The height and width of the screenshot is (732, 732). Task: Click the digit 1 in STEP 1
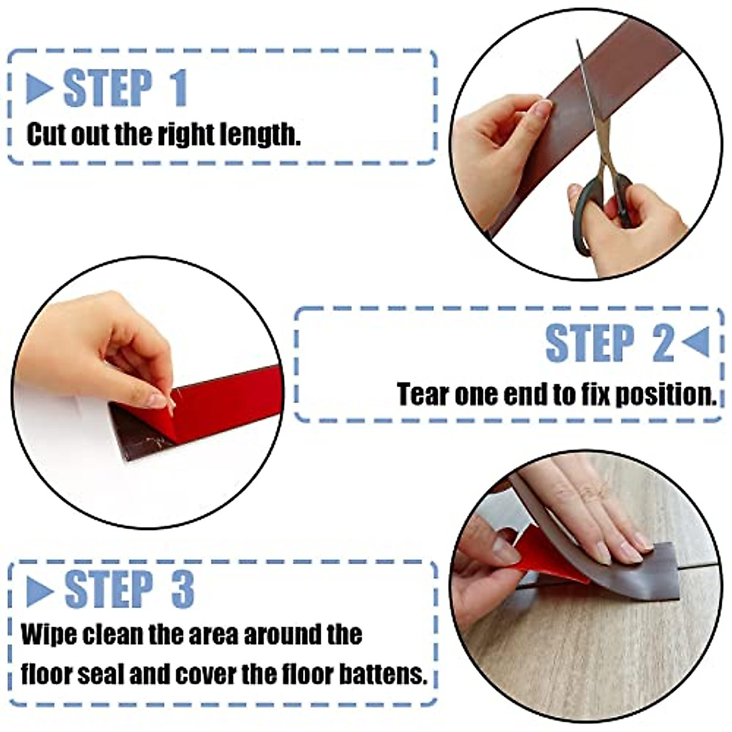coord(178,89)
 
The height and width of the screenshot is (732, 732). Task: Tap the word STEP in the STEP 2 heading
coord(589,344)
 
